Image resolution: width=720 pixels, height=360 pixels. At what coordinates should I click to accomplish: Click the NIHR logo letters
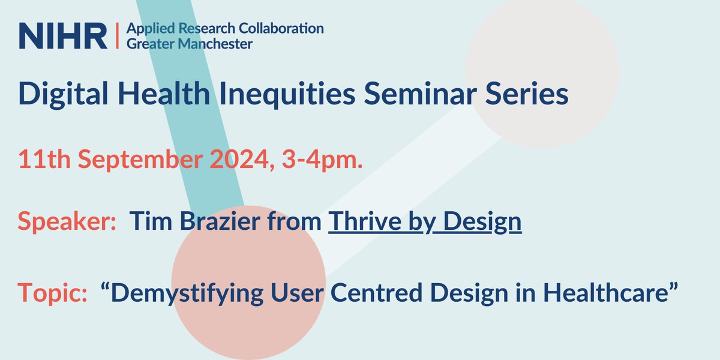[62, 36]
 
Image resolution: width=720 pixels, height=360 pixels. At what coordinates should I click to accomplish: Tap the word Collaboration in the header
[284, 28]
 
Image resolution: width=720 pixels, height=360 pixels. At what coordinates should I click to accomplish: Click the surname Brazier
[220, 223]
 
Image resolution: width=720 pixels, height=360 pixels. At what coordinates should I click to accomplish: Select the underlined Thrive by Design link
[425, 223]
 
